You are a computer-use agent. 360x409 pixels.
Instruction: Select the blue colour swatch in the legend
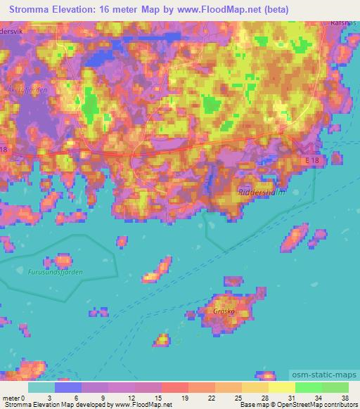(68, 387)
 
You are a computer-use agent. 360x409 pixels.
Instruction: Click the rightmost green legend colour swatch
(336, 387)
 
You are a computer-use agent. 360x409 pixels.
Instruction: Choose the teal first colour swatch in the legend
(41, 387)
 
